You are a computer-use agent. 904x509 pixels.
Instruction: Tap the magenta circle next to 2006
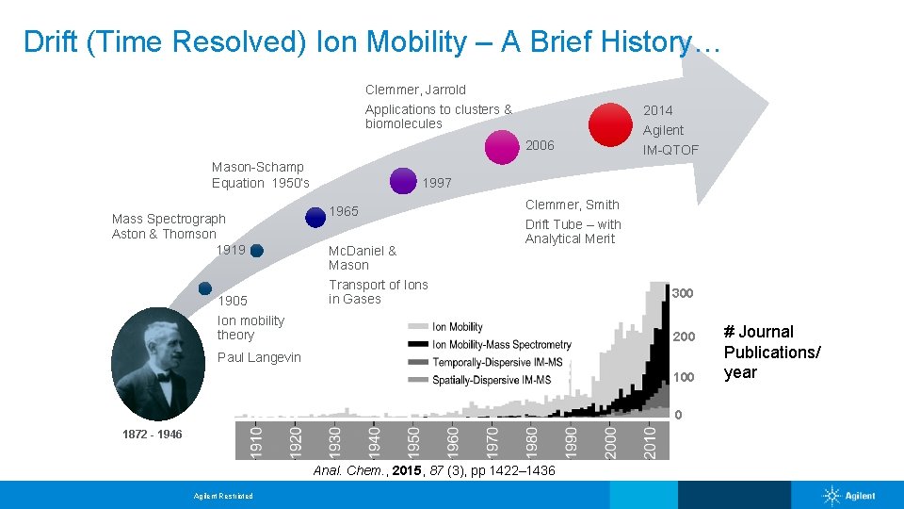tap(503, 147)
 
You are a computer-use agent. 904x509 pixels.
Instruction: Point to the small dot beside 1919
tap(256, 251)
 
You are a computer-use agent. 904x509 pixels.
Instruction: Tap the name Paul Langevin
tap(259, 357)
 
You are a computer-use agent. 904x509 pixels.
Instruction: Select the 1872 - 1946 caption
tap(153, 435)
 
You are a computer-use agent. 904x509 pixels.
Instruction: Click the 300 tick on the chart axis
tap(683, 293)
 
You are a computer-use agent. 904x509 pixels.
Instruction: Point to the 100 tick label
tap(683, 377)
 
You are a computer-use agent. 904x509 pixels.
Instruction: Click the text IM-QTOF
tap(670, 150)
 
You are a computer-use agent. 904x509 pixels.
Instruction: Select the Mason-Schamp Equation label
tap(260, 174)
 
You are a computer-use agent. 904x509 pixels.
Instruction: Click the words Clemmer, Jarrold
tap(415, 90)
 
